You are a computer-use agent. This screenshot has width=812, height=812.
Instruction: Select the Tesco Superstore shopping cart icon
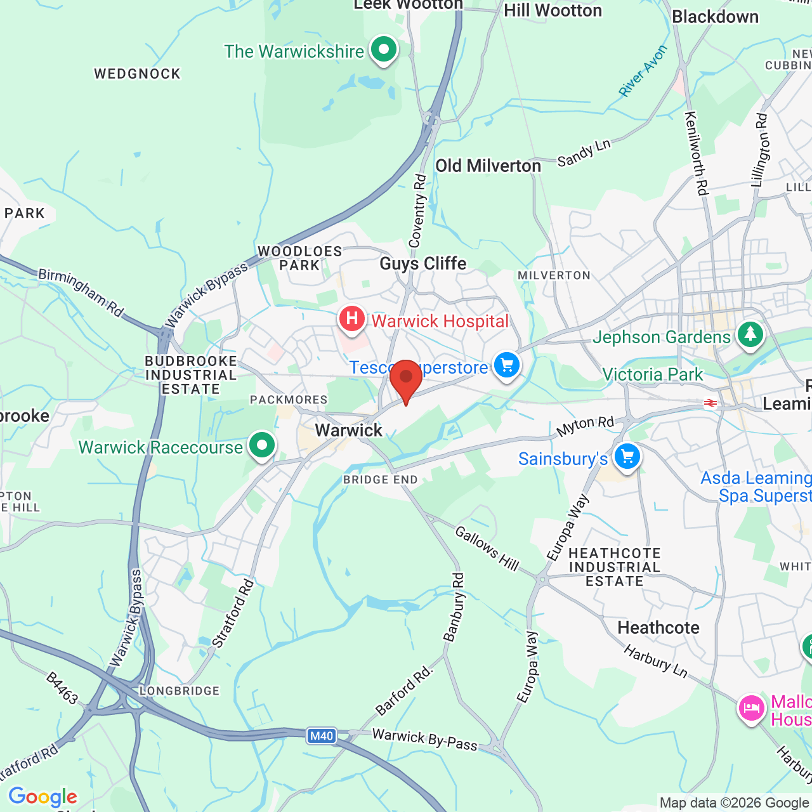pyautogui.click(x=506, y=365)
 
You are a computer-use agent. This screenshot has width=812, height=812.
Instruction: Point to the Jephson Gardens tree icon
pyautogui.click(x=750, y=334)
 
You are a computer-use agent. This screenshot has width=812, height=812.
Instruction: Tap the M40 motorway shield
pyautogui.click(x=321, y=736)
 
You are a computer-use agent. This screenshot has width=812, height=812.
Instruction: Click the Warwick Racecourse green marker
pyautogui.click(x=261, y=445)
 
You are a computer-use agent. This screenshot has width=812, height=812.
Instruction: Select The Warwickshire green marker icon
pyautogui.click(x=383, y=49)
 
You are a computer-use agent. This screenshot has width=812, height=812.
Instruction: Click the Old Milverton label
pyautogui.click(x=488, y=166)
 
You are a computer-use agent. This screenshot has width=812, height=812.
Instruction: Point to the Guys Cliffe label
pyautogui.click(x=422, y=263)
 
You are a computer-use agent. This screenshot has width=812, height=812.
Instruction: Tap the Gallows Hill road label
pyautogui.click(x=487, y=548)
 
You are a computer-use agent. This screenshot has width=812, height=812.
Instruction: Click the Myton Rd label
pyautogui.click(x=585, y=426)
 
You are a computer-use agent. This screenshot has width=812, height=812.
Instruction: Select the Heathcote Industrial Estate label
pyautogui.click(x=614, y=567)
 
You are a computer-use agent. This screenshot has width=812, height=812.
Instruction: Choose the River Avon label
pyautogui.click(x=643, y=70)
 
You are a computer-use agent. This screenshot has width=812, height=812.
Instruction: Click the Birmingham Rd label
pyautogui.click(x=81, y=292)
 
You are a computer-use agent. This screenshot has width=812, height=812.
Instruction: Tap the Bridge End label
pyautogui.click(x=380, y=480)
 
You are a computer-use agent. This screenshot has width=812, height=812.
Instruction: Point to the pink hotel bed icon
pyautogui.click(x=751, y=707)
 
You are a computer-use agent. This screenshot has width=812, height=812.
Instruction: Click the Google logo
pyautogui.click(x=43, y=797)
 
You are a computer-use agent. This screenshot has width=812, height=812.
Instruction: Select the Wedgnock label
pyautogui.click(x=137, y=74)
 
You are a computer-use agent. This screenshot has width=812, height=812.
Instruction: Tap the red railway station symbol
pyautogui.click(x=710, y=403)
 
